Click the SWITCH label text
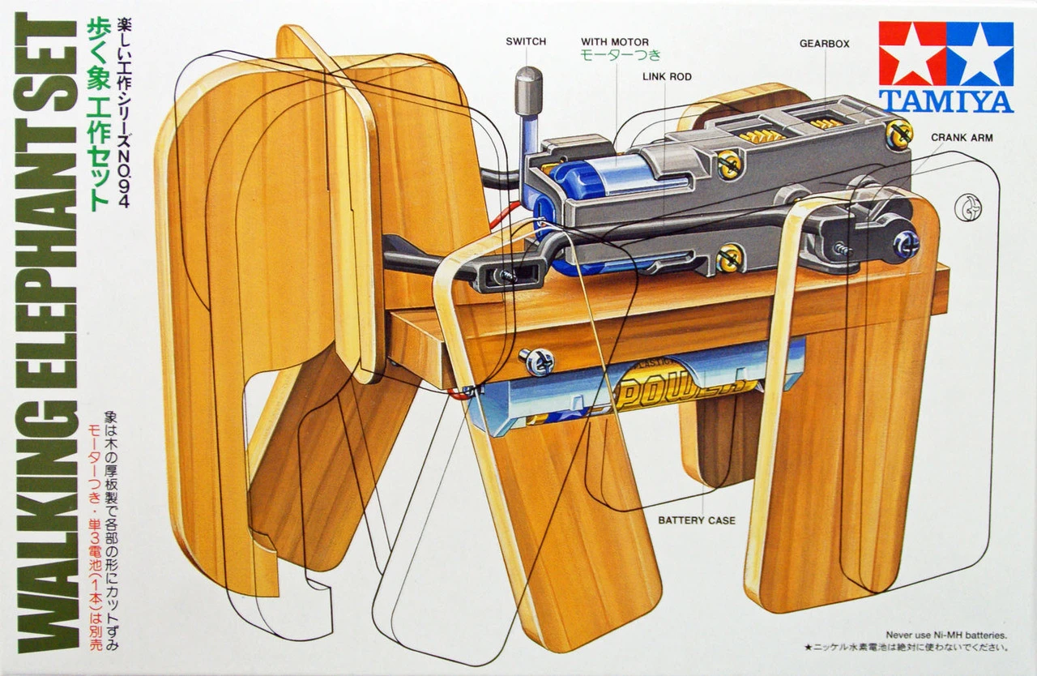tap(526, 41)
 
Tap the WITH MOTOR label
tap(614, 41)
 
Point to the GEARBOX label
tap(824, 44)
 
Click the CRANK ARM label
tap(962, 138)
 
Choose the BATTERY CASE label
tap(696, 520)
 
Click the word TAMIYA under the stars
tap(945, 101)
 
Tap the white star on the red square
tap(912, 53)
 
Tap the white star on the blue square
tap(979, 53)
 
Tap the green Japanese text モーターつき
tap(620, 56)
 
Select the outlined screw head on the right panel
tap(967, 208)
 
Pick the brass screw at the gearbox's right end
tap(898, 134)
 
